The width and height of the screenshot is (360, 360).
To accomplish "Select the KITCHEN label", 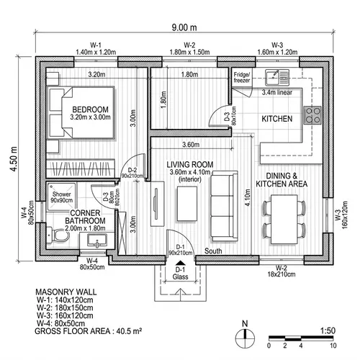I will [277, 118].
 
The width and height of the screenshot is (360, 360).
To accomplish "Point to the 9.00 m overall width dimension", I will [184, 28].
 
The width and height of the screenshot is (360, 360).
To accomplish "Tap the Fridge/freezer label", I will [241, 77].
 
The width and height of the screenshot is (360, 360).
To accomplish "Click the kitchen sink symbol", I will [274, 76].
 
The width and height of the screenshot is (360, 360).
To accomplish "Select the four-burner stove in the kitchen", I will [313, 114].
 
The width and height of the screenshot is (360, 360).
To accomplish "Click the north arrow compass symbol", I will [246, 333].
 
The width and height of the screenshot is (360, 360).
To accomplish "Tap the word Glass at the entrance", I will [181, 276].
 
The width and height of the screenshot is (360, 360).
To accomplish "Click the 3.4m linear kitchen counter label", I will [277, 92].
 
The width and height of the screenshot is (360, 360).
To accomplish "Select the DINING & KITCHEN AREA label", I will [287, 180].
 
